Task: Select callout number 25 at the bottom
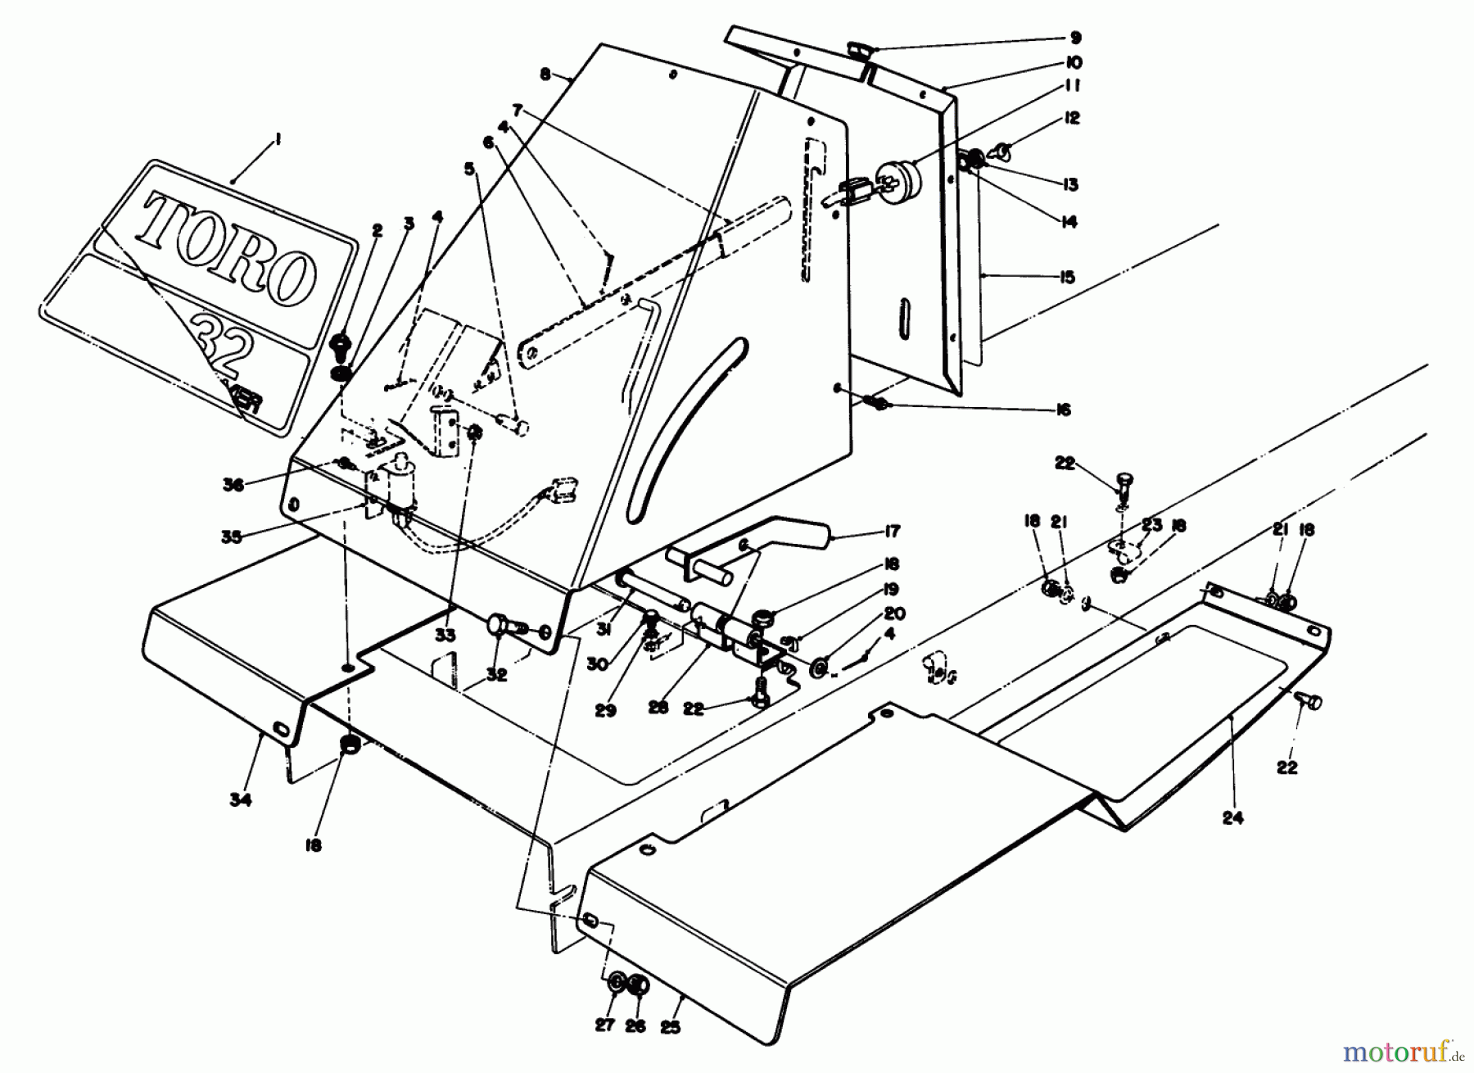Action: (670, 1026)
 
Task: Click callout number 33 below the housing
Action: (446, 636)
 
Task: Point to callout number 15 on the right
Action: (1065, 278)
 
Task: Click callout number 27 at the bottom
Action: (604, 1026)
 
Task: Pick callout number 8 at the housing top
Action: (545, 74)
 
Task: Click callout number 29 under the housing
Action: (605, 711)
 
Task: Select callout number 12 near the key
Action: (1072, 119)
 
